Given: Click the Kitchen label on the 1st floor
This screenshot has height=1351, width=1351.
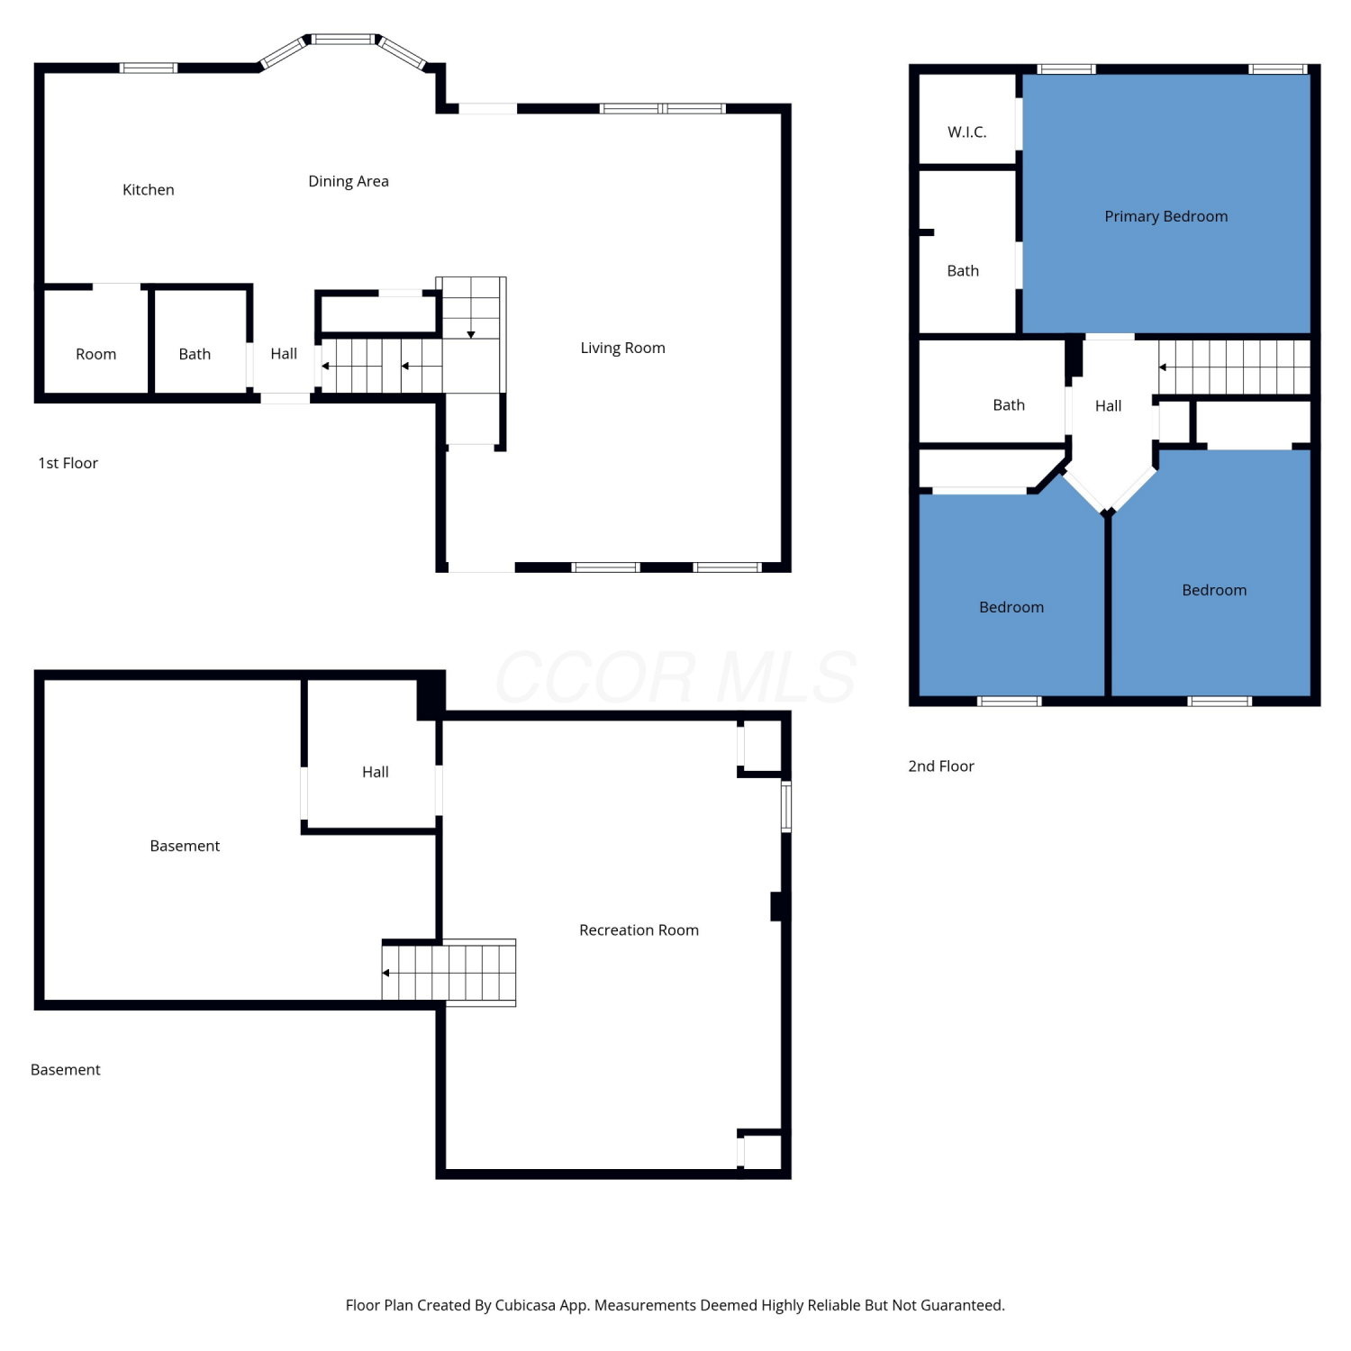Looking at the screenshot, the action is pos(149,190).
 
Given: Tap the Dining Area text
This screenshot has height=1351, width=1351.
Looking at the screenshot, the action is pos(349,182).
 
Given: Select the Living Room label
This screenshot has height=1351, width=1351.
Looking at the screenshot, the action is pos(622,349).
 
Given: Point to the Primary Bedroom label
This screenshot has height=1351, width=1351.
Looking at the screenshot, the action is pos(1166,217).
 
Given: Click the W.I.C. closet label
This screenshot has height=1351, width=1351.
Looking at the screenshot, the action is pos(967,132).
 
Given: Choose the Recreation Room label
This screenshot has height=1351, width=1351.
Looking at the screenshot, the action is pos(639,930).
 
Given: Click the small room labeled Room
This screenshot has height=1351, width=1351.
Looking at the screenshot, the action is pos(96,355).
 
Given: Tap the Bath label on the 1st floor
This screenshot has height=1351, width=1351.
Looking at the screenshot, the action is pos(195,355).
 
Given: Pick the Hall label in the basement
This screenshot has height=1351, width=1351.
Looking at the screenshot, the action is pos(376,773).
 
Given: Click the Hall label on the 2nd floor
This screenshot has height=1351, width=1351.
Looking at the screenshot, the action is pos(1109,406).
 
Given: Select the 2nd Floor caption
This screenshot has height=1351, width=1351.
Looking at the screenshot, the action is pos(941,766).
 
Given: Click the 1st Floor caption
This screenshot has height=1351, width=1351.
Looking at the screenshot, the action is pos(68,463).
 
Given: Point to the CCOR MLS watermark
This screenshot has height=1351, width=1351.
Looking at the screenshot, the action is pos(675,677).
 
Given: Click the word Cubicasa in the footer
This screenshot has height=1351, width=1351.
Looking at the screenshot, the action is pos(525,1306).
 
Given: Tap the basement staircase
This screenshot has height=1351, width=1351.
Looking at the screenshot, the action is pos(449,973).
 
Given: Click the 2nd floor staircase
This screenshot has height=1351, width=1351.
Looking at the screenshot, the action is pos(1234,367).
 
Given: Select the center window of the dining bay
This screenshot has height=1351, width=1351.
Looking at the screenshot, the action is pos(342,39).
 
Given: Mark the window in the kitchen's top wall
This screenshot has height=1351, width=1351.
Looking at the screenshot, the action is pos(149,68).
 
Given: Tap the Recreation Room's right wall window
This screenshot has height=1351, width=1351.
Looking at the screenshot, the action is pos(786,807).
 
